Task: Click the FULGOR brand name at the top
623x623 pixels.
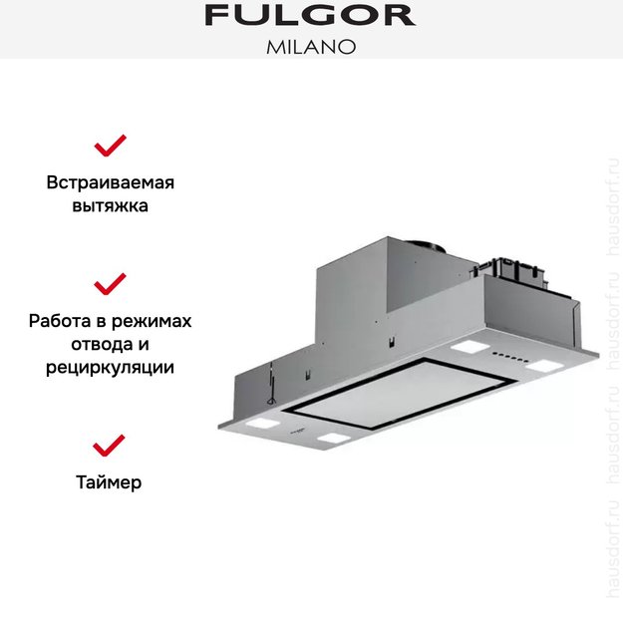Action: click(310, 15)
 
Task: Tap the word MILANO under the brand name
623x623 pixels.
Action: click(310, 46)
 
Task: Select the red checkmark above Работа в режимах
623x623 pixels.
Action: click(110, 283)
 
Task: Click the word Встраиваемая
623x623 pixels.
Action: click(110, 183)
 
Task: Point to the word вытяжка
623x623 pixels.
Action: click(110, 206)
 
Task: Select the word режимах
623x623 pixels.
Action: click(156, 321)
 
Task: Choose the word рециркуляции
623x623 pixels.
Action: click(110, 367)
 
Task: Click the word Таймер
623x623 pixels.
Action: click(109, 482)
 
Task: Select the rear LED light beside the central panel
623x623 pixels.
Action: click(465, 349)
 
